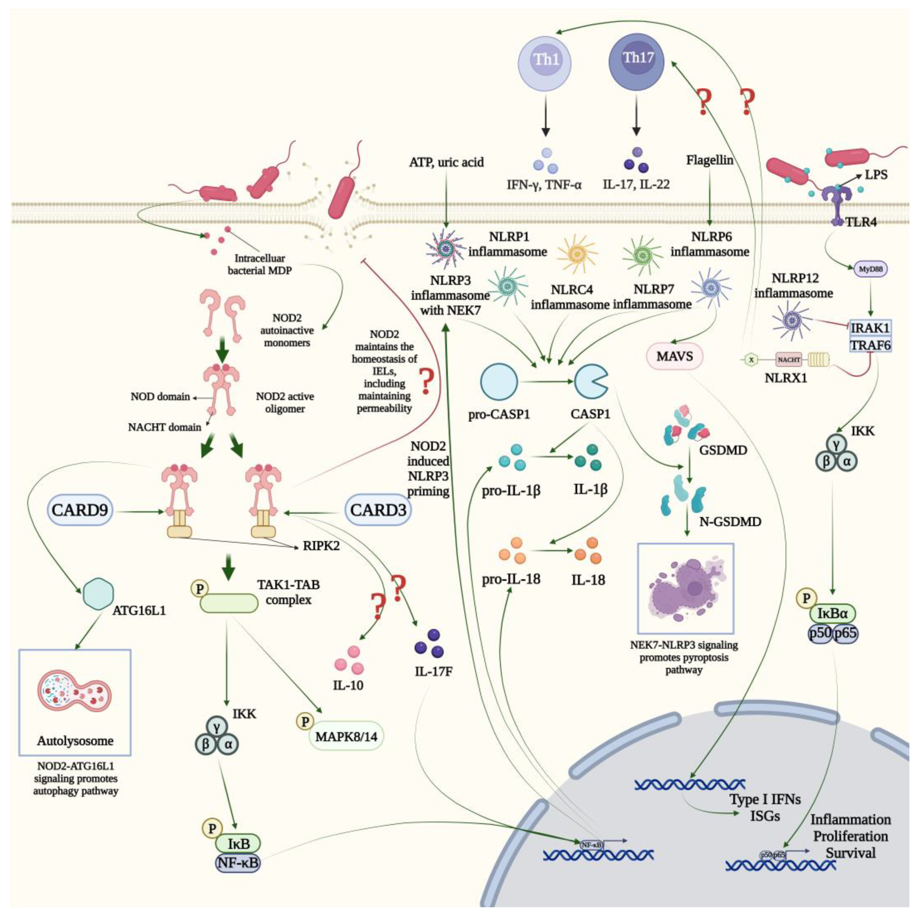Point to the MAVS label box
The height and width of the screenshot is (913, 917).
click(674, 356)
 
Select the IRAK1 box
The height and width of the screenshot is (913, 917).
click(870, 328)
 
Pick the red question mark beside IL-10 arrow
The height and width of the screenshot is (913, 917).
click(378, 606)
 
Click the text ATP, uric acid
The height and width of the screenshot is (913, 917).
click(446, 162)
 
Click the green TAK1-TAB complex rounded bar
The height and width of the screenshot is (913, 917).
click(229, 603)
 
